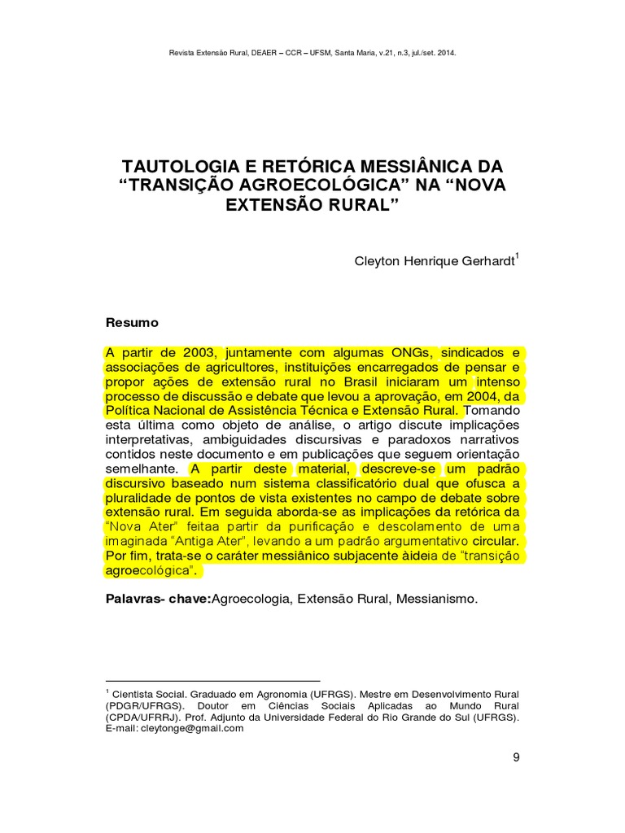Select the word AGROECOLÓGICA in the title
tap(316, 184)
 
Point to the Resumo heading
tap(133, 322)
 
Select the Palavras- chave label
tap(157, 600)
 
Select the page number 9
tap(516, 758)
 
